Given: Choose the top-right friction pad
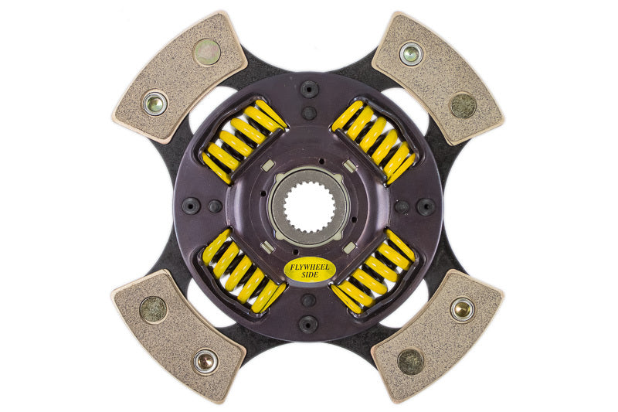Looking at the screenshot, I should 437,77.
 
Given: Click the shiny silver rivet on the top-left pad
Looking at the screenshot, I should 154,103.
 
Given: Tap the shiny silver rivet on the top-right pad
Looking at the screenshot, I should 411,53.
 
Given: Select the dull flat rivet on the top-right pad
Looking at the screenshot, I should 463,105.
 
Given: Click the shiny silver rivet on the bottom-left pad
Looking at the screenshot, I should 205,360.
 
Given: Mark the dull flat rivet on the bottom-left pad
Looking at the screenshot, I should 153,309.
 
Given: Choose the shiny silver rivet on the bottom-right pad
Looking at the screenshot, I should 462,309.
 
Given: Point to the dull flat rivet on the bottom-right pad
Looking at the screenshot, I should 410,360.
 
